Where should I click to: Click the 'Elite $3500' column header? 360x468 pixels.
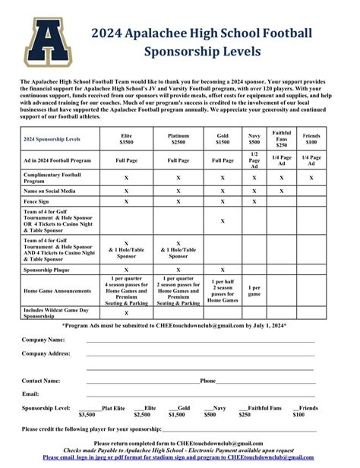tap(126, 138)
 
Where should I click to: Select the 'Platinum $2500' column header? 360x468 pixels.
tap(178, 138)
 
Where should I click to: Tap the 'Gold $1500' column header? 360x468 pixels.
tap(223, 138)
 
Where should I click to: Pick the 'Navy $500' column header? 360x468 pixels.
tap(254, 138)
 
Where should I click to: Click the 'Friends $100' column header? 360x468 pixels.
tap(311, 138)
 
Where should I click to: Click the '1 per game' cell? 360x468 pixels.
tap(254, 290)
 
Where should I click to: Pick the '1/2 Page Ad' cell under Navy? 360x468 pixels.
tap(254, 160)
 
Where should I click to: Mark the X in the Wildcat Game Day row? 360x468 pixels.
tap(126, 312)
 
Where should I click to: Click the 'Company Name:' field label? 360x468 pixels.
tap(43, 340)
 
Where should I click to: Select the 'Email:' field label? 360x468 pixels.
tap(30, 394)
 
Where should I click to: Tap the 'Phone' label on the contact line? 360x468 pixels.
tap(207, 381)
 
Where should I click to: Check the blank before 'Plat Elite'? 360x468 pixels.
tap(90, 408)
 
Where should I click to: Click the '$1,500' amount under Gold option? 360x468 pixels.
tap(176, 415)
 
